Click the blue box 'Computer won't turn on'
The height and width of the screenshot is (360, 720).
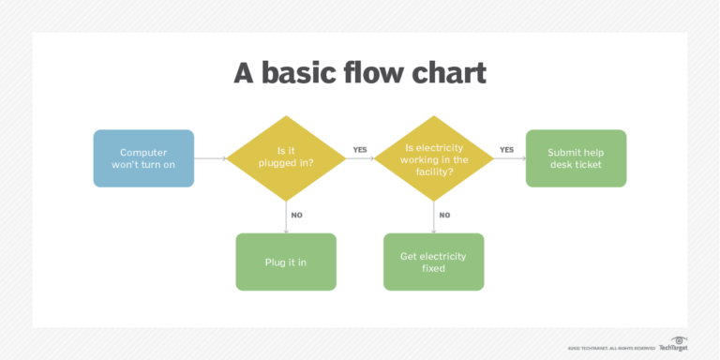[x=143, y=158]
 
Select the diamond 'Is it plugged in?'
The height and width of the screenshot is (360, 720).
[x=286, y=158]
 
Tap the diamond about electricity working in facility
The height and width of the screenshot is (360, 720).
[x=433, y=158]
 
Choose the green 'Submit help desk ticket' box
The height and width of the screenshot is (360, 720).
[x=575, y=158]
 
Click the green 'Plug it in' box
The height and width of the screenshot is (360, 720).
[x=286, y=262]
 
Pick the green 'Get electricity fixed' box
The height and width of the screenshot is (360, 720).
[x=433, y=262]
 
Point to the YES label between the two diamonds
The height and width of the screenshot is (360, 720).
[x=360, y=149]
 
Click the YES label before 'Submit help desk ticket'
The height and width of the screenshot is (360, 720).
[x=506, y=149]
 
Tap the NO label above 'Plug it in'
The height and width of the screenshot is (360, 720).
[x=296, y=215]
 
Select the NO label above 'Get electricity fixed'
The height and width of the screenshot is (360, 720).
[x=444, y=215]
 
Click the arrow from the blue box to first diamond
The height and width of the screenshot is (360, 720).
[x=211, y=158]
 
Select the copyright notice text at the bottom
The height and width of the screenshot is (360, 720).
[x=610, y=347]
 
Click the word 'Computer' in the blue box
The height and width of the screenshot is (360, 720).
[x=143, y=152]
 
